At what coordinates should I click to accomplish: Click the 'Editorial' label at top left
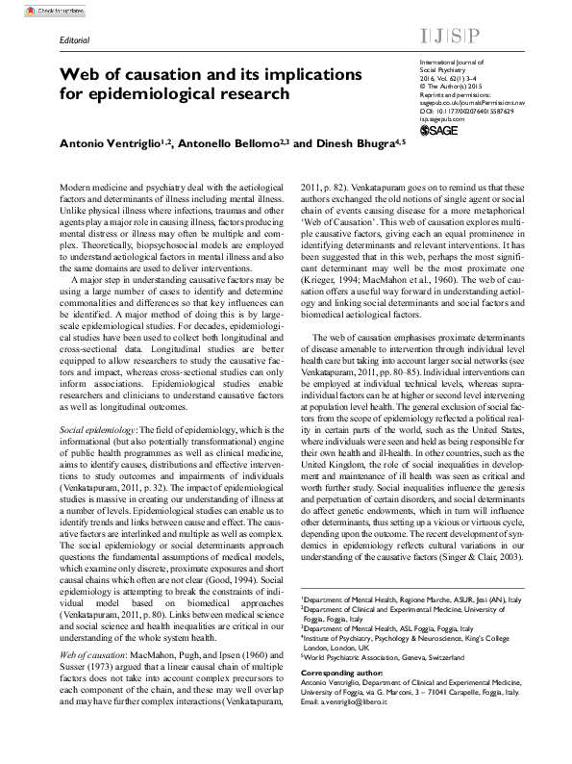tap(74, 42)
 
